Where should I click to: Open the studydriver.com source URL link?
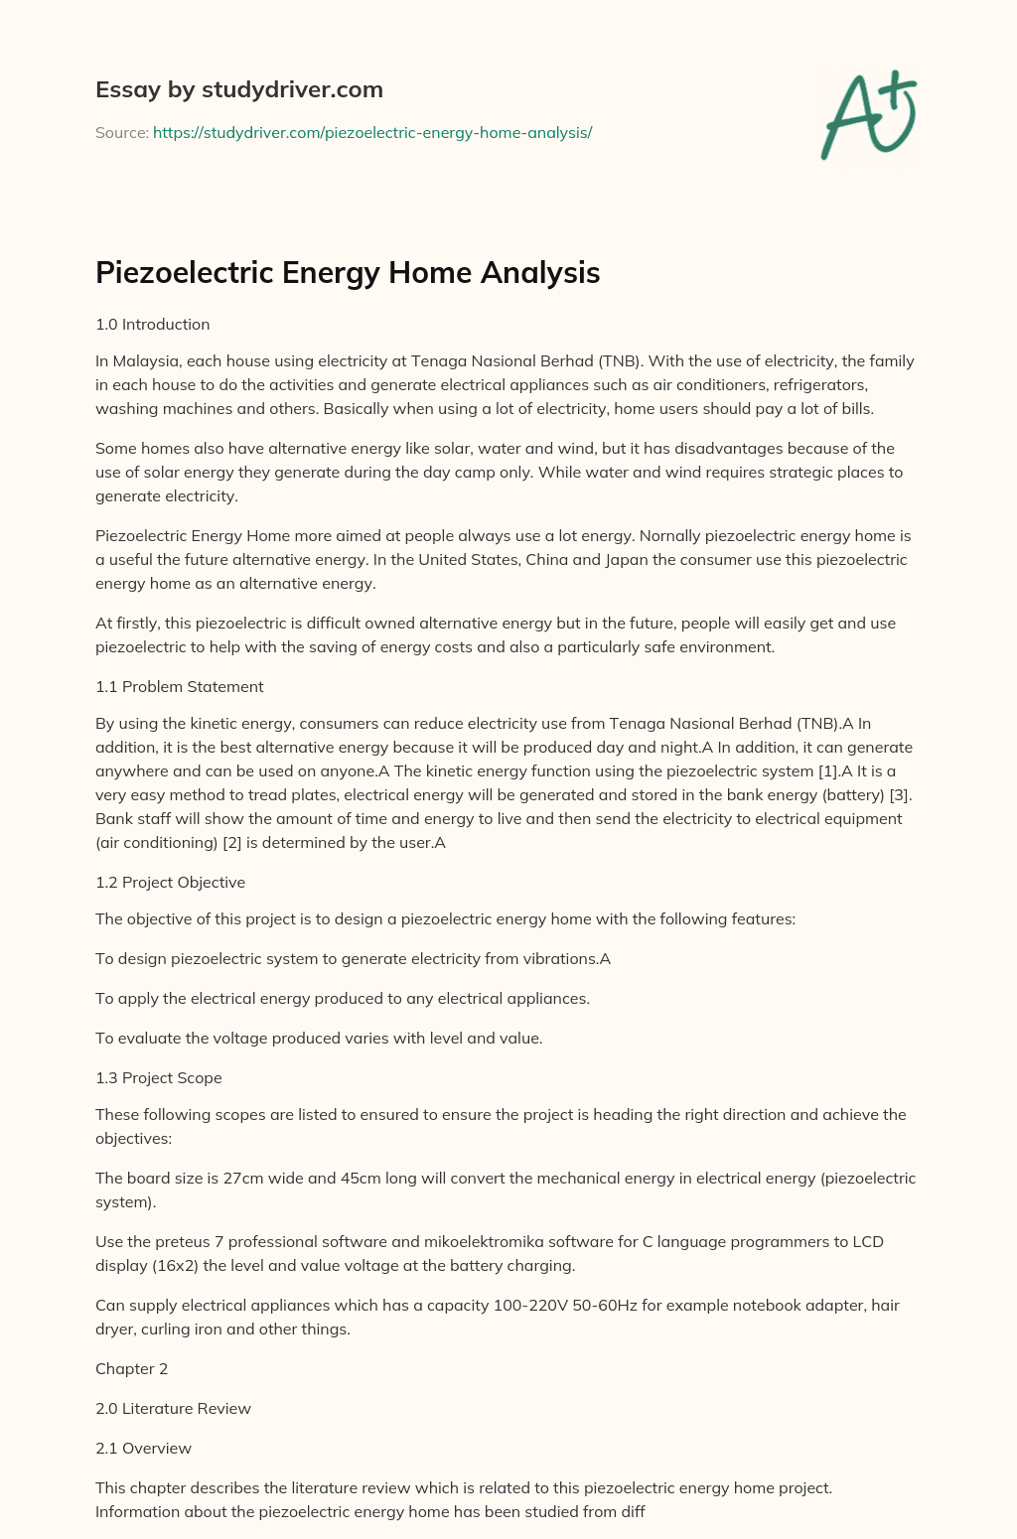[372, 132]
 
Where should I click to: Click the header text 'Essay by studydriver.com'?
[238, 89]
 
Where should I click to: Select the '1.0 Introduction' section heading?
[152, 324]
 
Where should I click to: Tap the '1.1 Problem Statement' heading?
[179, 686]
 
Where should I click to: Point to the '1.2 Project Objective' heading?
[170, 882]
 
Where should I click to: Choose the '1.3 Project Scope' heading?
[159, 1077]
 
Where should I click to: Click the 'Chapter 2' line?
[131, 1368]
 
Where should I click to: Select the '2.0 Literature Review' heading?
[173, 1408]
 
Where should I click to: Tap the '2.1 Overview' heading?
[143, 1448]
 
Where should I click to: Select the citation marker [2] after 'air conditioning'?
[231, 842]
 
